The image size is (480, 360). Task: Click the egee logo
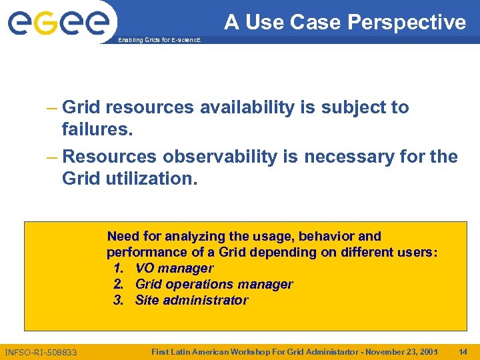coord(58,23)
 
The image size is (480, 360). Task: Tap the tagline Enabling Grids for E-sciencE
coord(158,41)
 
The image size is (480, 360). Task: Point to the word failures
coord(97,129)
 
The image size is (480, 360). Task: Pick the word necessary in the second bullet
coord(345,157)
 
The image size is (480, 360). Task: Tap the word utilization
coord(151,178)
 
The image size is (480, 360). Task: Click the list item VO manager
coord(174,268)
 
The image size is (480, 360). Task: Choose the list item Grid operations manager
coord(213,284)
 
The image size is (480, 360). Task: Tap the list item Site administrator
coord(191,300)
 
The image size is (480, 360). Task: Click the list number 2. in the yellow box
coord(119,284)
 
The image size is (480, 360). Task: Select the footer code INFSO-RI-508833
coord(41,352)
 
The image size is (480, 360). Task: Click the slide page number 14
coord(463,351)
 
